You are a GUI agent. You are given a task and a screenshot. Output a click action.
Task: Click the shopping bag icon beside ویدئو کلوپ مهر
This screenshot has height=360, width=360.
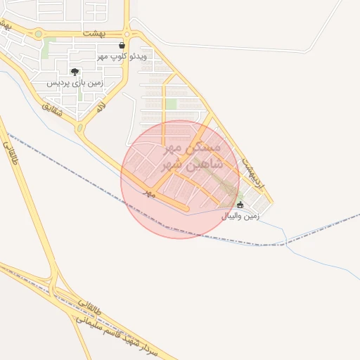(x=122, y=46)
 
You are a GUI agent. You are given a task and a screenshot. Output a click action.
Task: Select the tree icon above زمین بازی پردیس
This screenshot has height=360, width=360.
(x=75, y=72)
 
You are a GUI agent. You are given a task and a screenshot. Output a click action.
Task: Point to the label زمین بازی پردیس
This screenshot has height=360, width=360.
(x=75, y=83)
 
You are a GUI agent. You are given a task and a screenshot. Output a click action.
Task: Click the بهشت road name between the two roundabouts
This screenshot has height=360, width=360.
(x=92, y=33)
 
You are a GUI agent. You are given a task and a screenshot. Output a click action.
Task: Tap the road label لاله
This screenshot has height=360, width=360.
(x=101, y=107)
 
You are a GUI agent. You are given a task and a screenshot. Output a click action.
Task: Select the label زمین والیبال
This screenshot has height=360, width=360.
(x=240, y=216)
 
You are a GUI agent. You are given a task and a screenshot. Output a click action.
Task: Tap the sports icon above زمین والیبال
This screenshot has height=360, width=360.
(x=240, y=205)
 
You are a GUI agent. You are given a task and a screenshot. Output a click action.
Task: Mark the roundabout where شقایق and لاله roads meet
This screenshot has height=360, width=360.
(x=79, y=129)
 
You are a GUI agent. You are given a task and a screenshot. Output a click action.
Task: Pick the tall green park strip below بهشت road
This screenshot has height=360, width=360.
(x=49, y=49)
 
